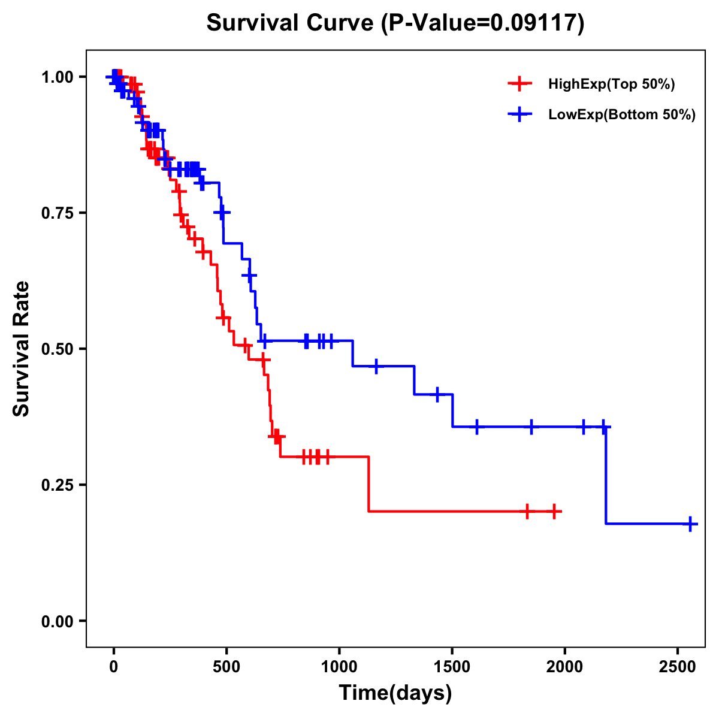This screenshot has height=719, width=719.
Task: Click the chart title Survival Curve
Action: click(395, 23)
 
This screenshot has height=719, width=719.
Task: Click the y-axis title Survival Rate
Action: click(22, 349)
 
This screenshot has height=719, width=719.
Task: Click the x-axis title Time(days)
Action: click(395, 693)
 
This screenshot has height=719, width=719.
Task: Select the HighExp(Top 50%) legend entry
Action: click(611, 84)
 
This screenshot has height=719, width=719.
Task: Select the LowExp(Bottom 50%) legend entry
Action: click(621, 115)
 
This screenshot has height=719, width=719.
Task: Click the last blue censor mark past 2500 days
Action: click(690, 524)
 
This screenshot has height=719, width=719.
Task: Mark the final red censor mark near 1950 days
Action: click(554, 512)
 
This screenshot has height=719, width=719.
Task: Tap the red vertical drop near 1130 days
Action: click(368, 484)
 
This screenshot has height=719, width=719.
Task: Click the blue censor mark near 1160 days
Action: click(376, 366)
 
